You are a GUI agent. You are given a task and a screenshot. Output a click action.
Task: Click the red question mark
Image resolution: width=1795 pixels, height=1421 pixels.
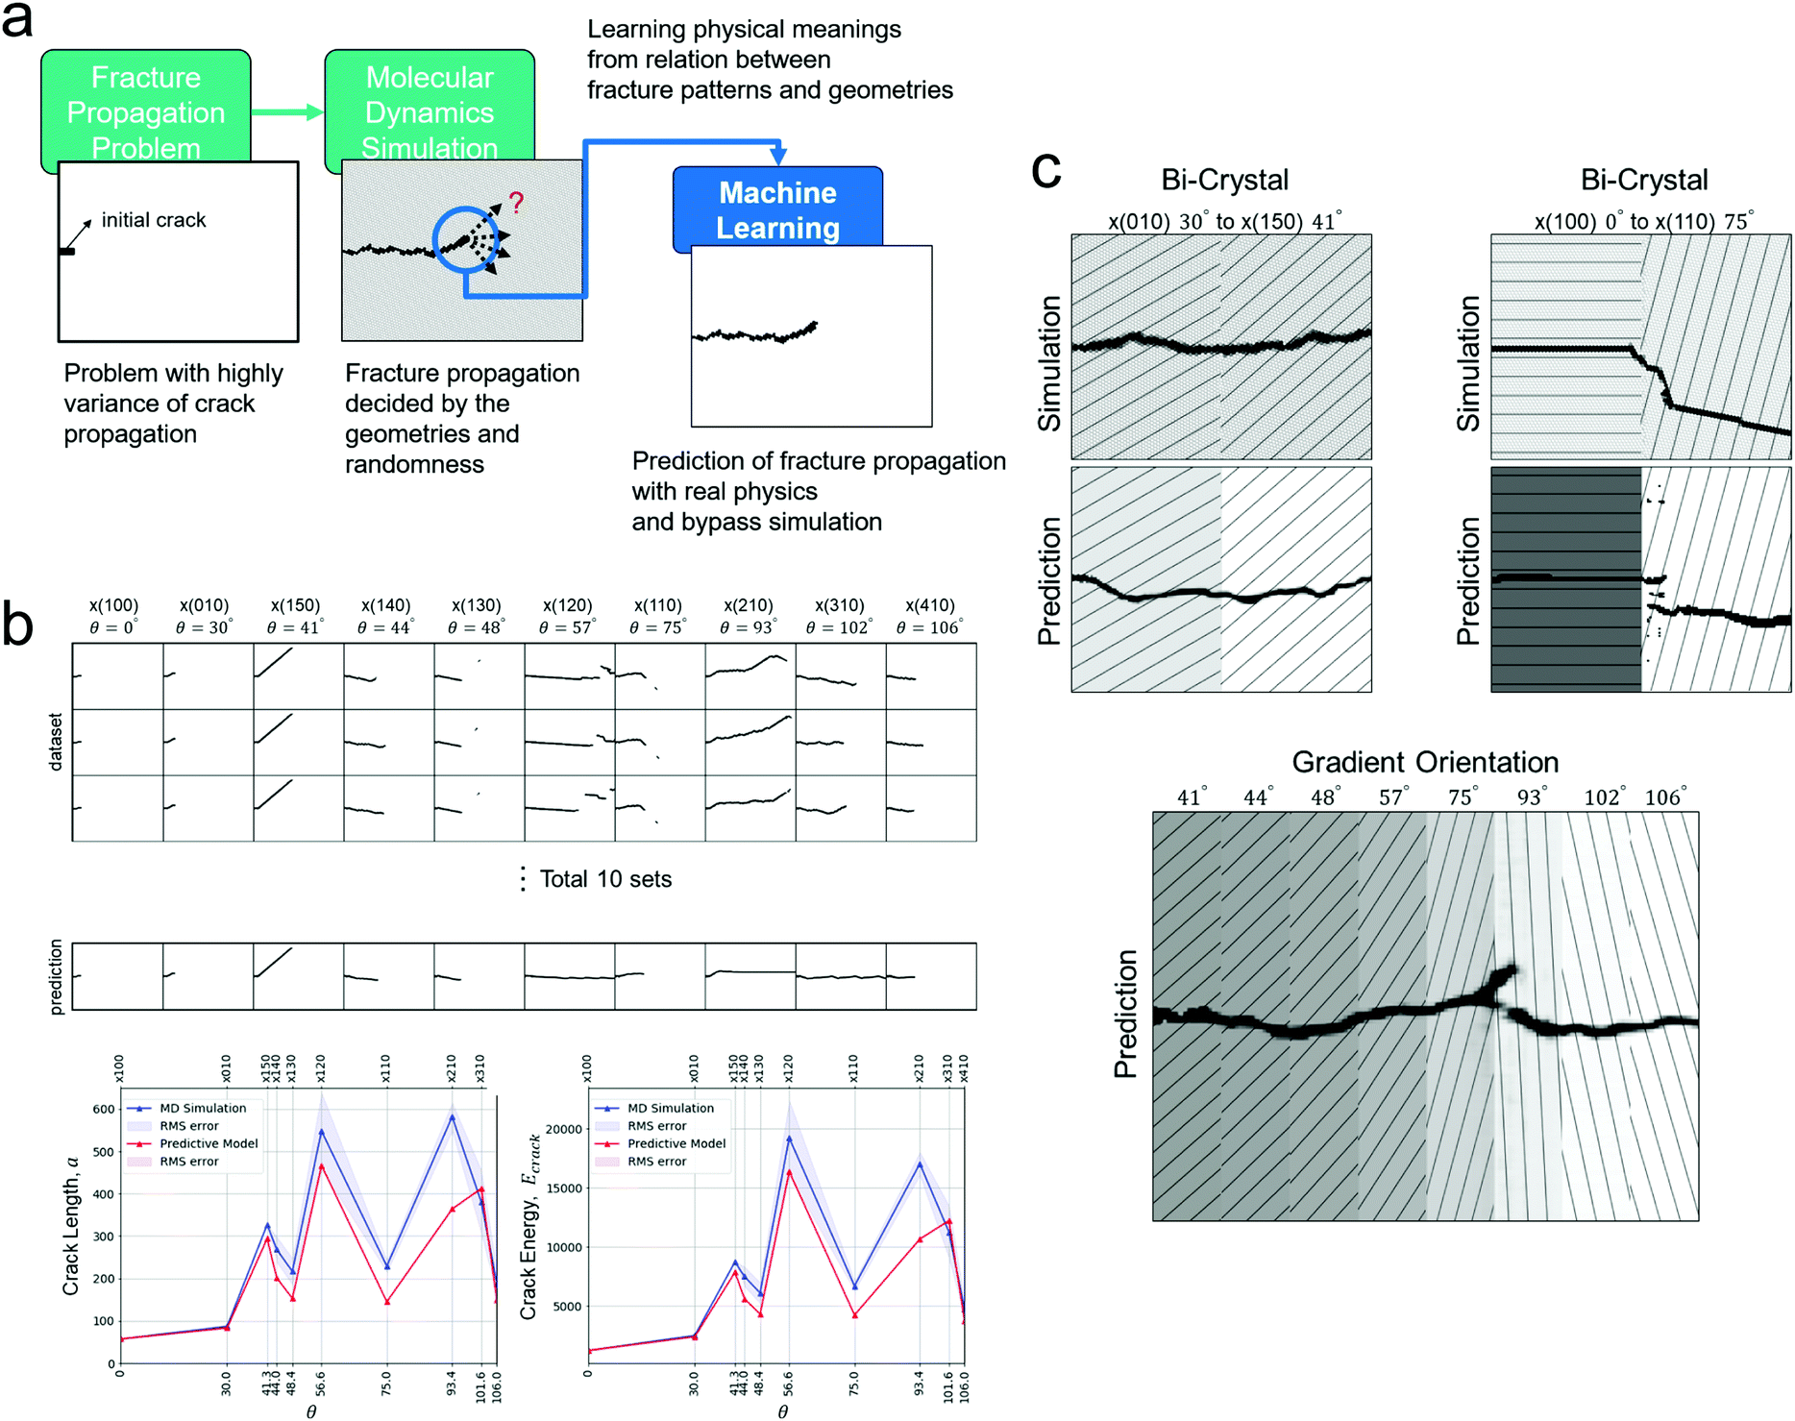point(517,202)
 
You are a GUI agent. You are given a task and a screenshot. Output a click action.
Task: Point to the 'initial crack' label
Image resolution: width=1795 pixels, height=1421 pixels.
point(154,220)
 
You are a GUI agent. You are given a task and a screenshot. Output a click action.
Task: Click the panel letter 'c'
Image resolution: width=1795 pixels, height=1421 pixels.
point(1045,171)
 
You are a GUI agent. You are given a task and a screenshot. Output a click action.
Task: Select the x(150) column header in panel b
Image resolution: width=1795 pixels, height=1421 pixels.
point(295,605)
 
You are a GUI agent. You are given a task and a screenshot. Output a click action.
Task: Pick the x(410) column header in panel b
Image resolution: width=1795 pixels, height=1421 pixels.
point(930,605)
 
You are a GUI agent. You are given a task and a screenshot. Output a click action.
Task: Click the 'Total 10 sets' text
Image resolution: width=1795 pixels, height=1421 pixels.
point(605,879)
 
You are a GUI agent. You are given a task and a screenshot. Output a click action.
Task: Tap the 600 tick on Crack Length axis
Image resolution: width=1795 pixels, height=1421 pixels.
point(104,1109)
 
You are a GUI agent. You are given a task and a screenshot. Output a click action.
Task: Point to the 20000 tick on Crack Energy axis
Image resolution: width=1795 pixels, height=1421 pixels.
point(564,1129)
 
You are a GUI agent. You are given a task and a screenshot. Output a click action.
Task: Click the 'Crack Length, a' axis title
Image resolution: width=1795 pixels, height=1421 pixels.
point(71,1225)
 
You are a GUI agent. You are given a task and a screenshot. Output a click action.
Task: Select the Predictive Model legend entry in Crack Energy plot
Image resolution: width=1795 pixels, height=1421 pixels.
point(676,1143)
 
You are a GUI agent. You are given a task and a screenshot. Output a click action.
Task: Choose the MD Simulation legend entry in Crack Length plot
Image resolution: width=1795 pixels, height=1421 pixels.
point(203,1108)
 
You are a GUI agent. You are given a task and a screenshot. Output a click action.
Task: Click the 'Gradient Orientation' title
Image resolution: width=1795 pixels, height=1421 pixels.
point(1425,762)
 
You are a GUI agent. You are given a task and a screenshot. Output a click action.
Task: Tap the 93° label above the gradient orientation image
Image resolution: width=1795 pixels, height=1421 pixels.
point(1528,797)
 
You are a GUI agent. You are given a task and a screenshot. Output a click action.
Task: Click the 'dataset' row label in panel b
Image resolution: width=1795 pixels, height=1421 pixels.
point(56,742)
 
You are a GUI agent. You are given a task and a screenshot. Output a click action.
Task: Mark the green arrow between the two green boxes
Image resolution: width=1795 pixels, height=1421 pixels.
point(286,112)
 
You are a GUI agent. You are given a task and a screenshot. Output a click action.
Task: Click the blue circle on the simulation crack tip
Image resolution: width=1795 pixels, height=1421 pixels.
point(466,240)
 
